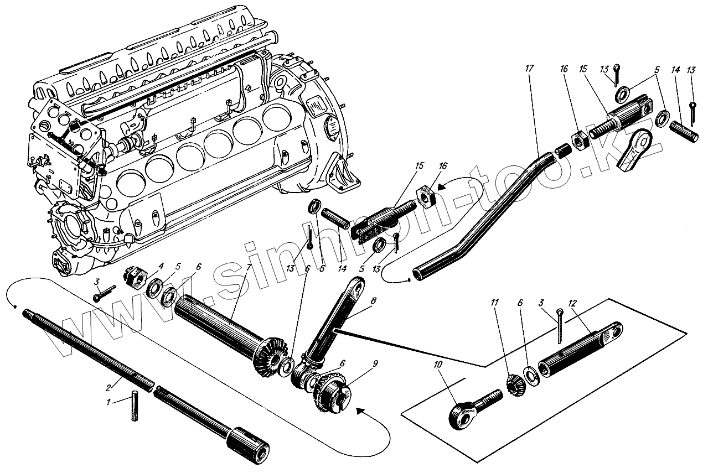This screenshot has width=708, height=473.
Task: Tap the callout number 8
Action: pos(374,300)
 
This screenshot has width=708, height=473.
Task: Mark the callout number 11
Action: pos(494,303)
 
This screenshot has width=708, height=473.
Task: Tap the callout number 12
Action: pos(572,303)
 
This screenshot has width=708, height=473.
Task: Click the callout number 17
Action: pos(529,67)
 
